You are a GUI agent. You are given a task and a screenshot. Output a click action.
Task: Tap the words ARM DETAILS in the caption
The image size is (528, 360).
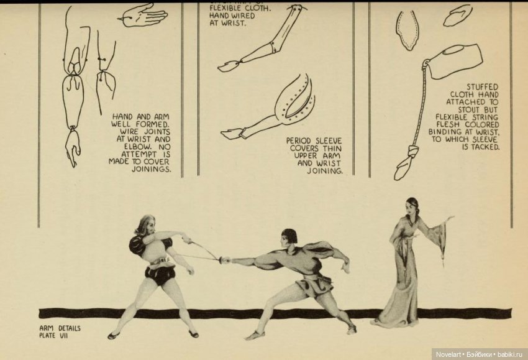click(x=60, y=328)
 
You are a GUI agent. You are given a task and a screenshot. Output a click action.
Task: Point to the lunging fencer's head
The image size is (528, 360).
click(x=289, y=238)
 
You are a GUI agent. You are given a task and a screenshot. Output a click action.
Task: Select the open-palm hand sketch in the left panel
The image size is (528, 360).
click(x=143, y=15)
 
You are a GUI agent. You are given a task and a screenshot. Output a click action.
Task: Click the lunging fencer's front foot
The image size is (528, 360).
click(x=253, y=335)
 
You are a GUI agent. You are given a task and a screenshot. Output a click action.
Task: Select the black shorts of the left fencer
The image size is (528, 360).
click(x=160, y=274)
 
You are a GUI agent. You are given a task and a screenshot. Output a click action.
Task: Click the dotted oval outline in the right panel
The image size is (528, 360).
click(x=407, y=29)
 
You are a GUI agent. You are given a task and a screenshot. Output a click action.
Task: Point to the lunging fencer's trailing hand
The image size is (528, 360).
click(x=345, y=267)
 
